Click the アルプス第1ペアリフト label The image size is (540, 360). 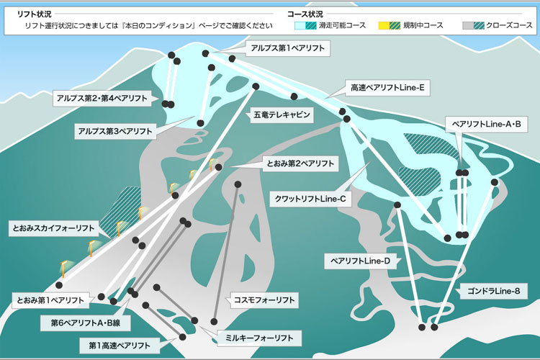[x=287, y=48]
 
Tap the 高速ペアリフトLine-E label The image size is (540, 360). [x=387, y=88]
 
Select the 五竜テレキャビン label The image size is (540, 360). [x=282, y=114]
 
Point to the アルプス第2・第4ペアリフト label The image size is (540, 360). [x=102, y=99]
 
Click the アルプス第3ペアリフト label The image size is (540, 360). [x=115, y=131]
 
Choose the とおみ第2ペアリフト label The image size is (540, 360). [x=300, y=163]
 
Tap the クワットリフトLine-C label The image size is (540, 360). [x=310, y=199]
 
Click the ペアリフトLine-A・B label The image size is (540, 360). [x=486, y=125]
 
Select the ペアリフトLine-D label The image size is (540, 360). [x=360, y=261]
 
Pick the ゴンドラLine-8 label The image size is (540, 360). [x=493, y=291]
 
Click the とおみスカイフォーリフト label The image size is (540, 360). [x=53, y=228]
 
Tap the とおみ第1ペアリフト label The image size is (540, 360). [x=50, y=300]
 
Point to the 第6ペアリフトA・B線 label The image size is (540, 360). [x=86, y=323]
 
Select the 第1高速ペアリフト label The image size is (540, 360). [x=120, y=346]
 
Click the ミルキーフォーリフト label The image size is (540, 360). [x=259, y=338]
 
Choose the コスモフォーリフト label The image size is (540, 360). [x=264, y=300]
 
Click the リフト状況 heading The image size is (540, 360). [x=34, y=14]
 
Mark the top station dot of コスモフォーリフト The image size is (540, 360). [x=238, y=184]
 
